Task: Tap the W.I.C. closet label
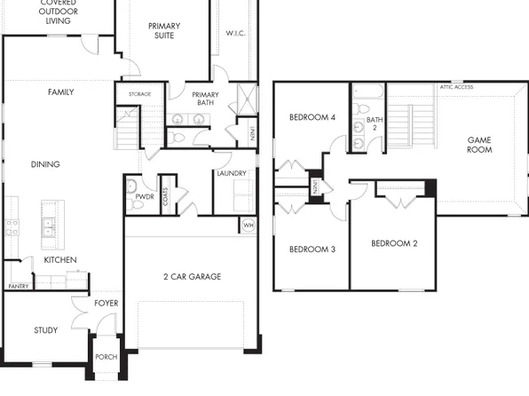click(x=235, y=34)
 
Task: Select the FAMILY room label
click(x=60, y=92)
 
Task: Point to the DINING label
click(x=45, y=164)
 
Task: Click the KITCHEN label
click(x=60, y=260)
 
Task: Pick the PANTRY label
click(x=18, y=287)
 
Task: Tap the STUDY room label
click(x=46, y=330)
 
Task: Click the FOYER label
click(x=106, y=304)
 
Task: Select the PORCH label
click(x=106, y=358)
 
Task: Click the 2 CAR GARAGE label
click(x=192, y=277)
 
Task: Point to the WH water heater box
click(x=248, y=226)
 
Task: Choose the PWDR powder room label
click(x=145, y=196)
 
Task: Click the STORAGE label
click(x=139, y=94)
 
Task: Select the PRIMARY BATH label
click(x=205, y=99)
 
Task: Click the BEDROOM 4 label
click(x=312, y=118)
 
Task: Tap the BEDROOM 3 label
click(x=312, y=249)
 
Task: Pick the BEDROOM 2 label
click(x=394, y=243)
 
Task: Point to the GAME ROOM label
click(x=479, y=145)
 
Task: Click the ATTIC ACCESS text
click(x=456, y=87)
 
